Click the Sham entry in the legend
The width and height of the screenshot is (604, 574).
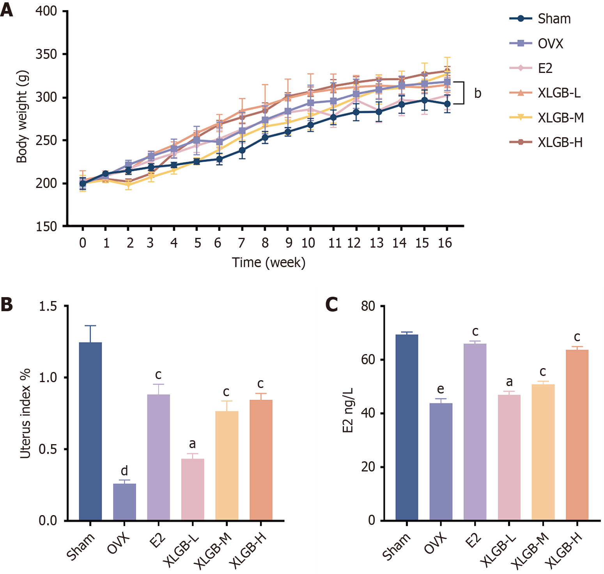554,19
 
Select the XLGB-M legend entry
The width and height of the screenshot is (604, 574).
561,117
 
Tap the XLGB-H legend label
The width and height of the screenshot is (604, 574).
560,142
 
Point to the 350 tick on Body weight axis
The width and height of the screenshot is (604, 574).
46,54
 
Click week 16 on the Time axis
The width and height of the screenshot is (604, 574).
445,243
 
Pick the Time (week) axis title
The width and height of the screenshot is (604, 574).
269,262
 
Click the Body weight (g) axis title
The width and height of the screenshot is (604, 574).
22,117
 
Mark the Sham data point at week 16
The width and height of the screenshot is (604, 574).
447,104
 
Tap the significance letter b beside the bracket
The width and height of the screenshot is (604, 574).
478,94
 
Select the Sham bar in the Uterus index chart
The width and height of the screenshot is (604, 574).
90,431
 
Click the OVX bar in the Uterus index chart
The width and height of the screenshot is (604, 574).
124,502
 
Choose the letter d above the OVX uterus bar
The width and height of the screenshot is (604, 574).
124,471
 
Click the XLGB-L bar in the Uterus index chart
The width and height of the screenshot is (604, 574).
193,489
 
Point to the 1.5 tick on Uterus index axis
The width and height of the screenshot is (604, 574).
48,306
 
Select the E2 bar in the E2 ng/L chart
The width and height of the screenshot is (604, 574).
475,432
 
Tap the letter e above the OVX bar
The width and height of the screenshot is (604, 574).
441,389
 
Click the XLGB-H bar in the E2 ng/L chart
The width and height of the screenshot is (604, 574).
577,435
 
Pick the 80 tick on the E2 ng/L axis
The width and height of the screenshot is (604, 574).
368,306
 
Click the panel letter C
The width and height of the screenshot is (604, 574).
332,305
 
